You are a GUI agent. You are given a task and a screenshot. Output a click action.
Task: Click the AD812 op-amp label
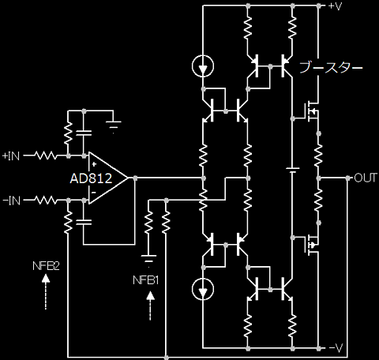coord(91,178)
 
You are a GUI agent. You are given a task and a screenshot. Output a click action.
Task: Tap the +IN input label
coord(11,156)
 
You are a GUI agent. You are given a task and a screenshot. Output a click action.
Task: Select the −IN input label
coord(12,201)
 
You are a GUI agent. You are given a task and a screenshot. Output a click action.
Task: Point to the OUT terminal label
coord(366,178)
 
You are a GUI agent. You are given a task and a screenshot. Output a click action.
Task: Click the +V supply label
coord(335,6)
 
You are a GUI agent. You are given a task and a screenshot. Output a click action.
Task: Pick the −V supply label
coord(336,348)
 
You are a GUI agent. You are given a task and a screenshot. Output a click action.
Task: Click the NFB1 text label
coord(146,280)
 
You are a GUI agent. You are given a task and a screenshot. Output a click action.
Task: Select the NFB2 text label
coord(46,266)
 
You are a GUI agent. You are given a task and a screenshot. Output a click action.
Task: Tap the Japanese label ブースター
coord(331,68)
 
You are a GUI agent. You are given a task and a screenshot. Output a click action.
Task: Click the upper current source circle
coord(203,66)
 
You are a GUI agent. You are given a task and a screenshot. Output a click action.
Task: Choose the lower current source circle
coord(203,289)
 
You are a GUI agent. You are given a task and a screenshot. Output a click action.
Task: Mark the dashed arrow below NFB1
coord(150,306)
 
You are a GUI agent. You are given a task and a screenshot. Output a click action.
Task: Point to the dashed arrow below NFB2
coord(46,291)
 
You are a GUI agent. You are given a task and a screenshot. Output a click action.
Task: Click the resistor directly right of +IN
coord(45,156)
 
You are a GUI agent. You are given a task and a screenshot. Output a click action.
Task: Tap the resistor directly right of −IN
coord(45,201)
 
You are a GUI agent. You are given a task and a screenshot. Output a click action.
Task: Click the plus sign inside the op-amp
coord(94,164)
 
